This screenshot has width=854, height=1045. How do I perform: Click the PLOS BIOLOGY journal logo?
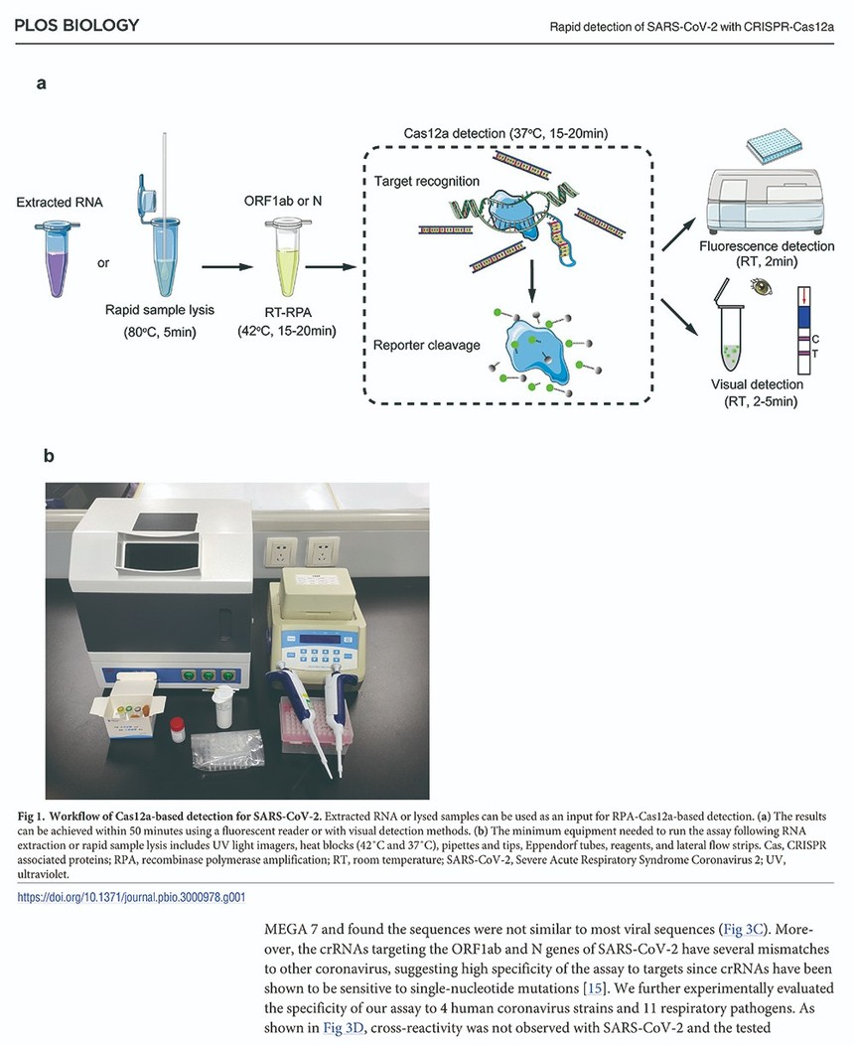[x=76, y=25]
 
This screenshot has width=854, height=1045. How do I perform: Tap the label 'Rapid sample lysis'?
[x=160, y=310]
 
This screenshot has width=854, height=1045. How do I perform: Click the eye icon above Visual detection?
[x=762, y=286]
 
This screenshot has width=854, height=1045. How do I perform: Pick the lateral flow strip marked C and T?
[x=803, y=330]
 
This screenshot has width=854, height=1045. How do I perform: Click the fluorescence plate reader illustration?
[x=766, y=190]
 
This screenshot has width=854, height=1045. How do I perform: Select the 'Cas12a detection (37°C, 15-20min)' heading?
[x=505, y=133]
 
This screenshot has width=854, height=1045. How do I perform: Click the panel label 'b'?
[x=49, y=456]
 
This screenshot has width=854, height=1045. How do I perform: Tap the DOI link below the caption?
[x=131, y=897]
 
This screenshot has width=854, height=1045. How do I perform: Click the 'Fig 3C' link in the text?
[x=743, y=929]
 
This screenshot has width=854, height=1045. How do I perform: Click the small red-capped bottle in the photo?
[x=176, y=730]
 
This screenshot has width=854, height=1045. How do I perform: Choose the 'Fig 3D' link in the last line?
[x=344, y=1028]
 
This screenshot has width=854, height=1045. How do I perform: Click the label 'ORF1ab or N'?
[x=282, y=201]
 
